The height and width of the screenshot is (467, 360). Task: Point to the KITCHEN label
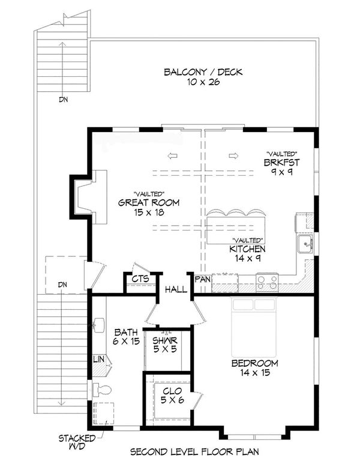247,248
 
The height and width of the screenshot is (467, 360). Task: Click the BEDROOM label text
255,363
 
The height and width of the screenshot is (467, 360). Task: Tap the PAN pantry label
201,280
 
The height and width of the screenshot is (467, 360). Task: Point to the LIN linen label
99,359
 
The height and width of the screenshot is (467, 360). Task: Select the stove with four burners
267,280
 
